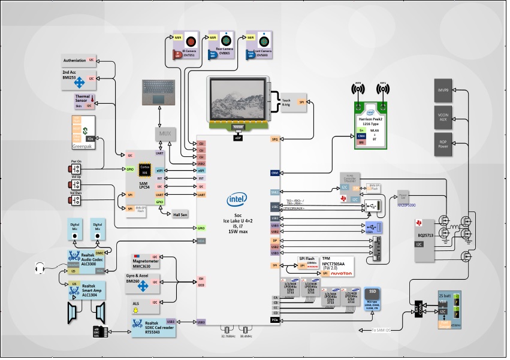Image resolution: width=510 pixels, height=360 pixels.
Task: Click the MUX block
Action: tap(165, 133)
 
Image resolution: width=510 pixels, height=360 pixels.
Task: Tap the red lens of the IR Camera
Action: tap(191, 42)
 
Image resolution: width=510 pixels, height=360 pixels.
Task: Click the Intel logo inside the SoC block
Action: tap(236, 199)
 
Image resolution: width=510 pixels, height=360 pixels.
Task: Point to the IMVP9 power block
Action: tap(444, 90)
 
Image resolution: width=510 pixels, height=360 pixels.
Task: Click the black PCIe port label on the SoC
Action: tap(274, 320)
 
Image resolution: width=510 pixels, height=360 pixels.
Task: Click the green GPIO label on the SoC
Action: tap(201, 228)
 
